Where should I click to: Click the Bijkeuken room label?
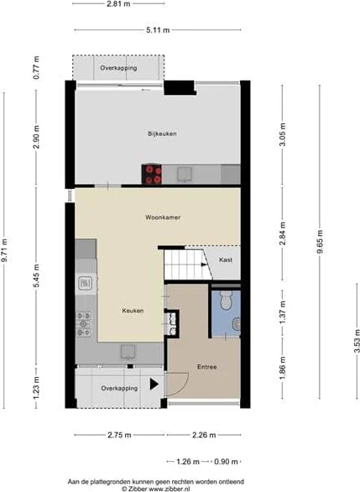pyautogui.click(x=162, y=133)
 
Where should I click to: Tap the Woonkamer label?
pyautogui.click(x=163, y=217)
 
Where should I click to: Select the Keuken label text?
pyautogui.click(x=133, y=311)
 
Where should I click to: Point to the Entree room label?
pyautogui.click(x=206, y=367)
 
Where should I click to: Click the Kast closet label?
pyautogui.click(x=226, y=259)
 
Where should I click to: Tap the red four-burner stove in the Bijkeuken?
pyautogui.click(x=152, y=175)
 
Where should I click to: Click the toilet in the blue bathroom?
pyautogui.click(x=226, y=300)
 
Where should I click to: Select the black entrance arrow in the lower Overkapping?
pyautogui.click(x=154, y=384)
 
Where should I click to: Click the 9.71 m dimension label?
pyautogui.click(x=4, y=250)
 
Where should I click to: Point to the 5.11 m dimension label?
pyautogui.click(x=158, y=30)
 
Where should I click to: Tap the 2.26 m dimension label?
pyautogui.click(x=204, y=435)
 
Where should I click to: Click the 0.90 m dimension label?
pyautogui.click(x=226, y=462)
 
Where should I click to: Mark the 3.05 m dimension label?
pyautogui.click(x=283, y=134)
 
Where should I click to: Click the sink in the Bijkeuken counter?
pyautogui.click(x=185, y=174)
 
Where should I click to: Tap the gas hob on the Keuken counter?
pyautogui.click(x=84, y=324)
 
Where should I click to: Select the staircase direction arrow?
pyautogui.click(x=204, y=264)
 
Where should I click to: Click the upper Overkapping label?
pyautogui.click(x=118, y=68)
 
